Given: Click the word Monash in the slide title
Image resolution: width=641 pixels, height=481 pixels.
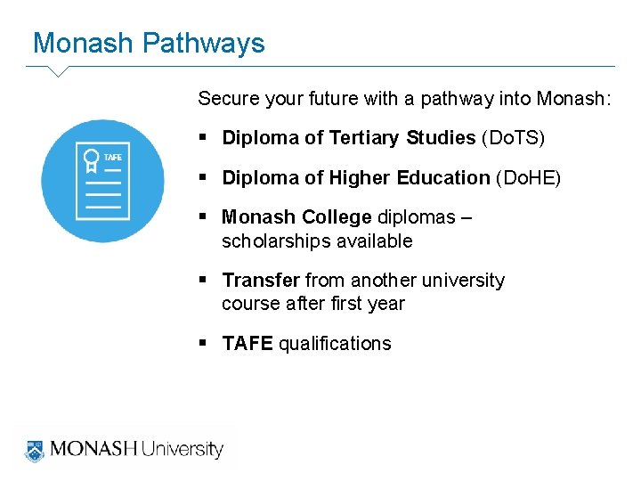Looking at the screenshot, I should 83,44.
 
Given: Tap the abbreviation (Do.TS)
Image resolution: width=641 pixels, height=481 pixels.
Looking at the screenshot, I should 513,138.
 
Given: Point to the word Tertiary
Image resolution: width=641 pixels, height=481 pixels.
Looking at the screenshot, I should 365,138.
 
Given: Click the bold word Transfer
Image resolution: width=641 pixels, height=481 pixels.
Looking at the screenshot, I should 261,281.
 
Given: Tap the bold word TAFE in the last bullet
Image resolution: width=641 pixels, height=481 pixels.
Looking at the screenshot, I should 247,344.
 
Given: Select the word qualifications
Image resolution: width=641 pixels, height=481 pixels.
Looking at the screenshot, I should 335,344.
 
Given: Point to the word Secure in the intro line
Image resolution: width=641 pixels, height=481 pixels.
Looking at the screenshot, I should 229,98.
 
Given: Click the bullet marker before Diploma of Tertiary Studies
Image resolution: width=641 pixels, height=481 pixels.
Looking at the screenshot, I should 204,138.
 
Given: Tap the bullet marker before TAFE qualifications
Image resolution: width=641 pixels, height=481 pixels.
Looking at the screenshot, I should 204,344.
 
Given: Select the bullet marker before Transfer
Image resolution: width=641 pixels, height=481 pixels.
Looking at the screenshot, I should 204,281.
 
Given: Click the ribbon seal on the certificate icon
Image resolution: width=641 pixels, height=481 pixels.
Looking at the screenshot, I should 91,161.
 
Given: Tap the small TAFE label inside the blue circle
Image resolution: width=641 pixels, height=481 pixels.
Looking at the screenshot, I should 113,158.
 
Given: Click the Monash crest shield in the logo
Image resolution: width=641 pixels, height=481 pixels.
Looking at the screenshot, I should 35,449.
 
